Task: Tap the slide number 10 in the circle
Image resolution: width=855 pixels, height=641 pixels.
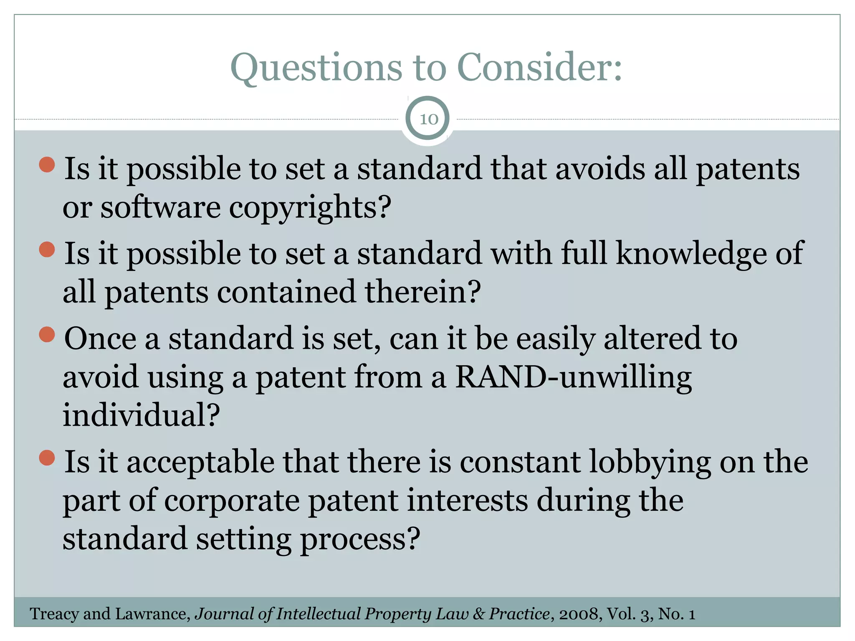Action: [x=428, y=119]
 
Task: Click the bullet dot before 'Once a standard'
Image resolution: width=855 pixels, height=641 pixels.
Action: [x=47, y=334]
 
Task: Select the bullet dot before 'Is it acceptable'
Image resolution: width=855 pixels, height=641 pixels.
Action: [x=47, y=457]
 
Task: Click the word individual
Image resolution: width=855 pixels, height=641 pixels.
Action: [x=141, y=416]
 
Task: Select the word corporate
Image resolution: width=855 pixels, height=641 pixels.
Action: [x=232, y=501]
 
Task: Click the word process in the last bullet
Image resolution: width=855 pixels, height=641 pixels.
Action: [x=360, y=539]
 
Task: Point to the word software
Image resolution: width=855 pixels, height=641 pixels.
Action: [x=160, y=208]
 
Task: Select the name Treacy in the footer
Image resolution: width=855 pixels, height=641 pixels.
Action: [x=55, y=614]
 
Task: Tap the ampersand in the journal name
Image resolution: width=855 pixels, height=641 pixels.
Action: [x=479, y=614]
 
